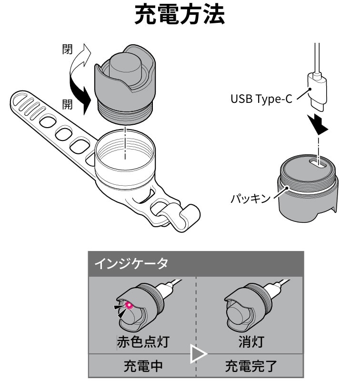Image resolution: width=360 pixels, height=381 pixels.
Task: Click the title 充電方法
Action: click(x=180, y=16)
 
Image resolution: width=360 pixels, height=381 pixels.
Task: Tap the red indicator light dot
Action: click(x=128, y=305)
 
